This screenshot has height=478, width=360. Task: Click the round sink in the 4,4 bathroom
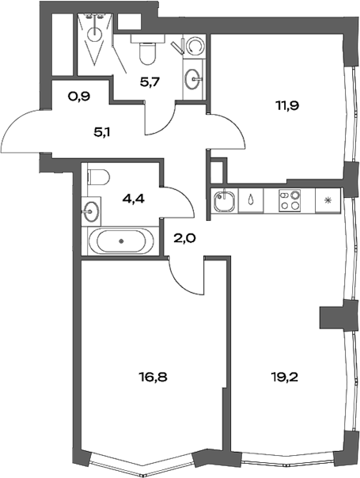click(92, 211)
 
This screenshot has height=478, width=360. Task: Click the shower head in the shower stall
click(95, 28)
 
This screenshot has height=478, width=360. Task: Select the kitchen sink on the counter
click(224, 202)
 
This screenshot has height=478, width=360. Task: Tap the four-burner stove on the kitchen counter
click(290, 202)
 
